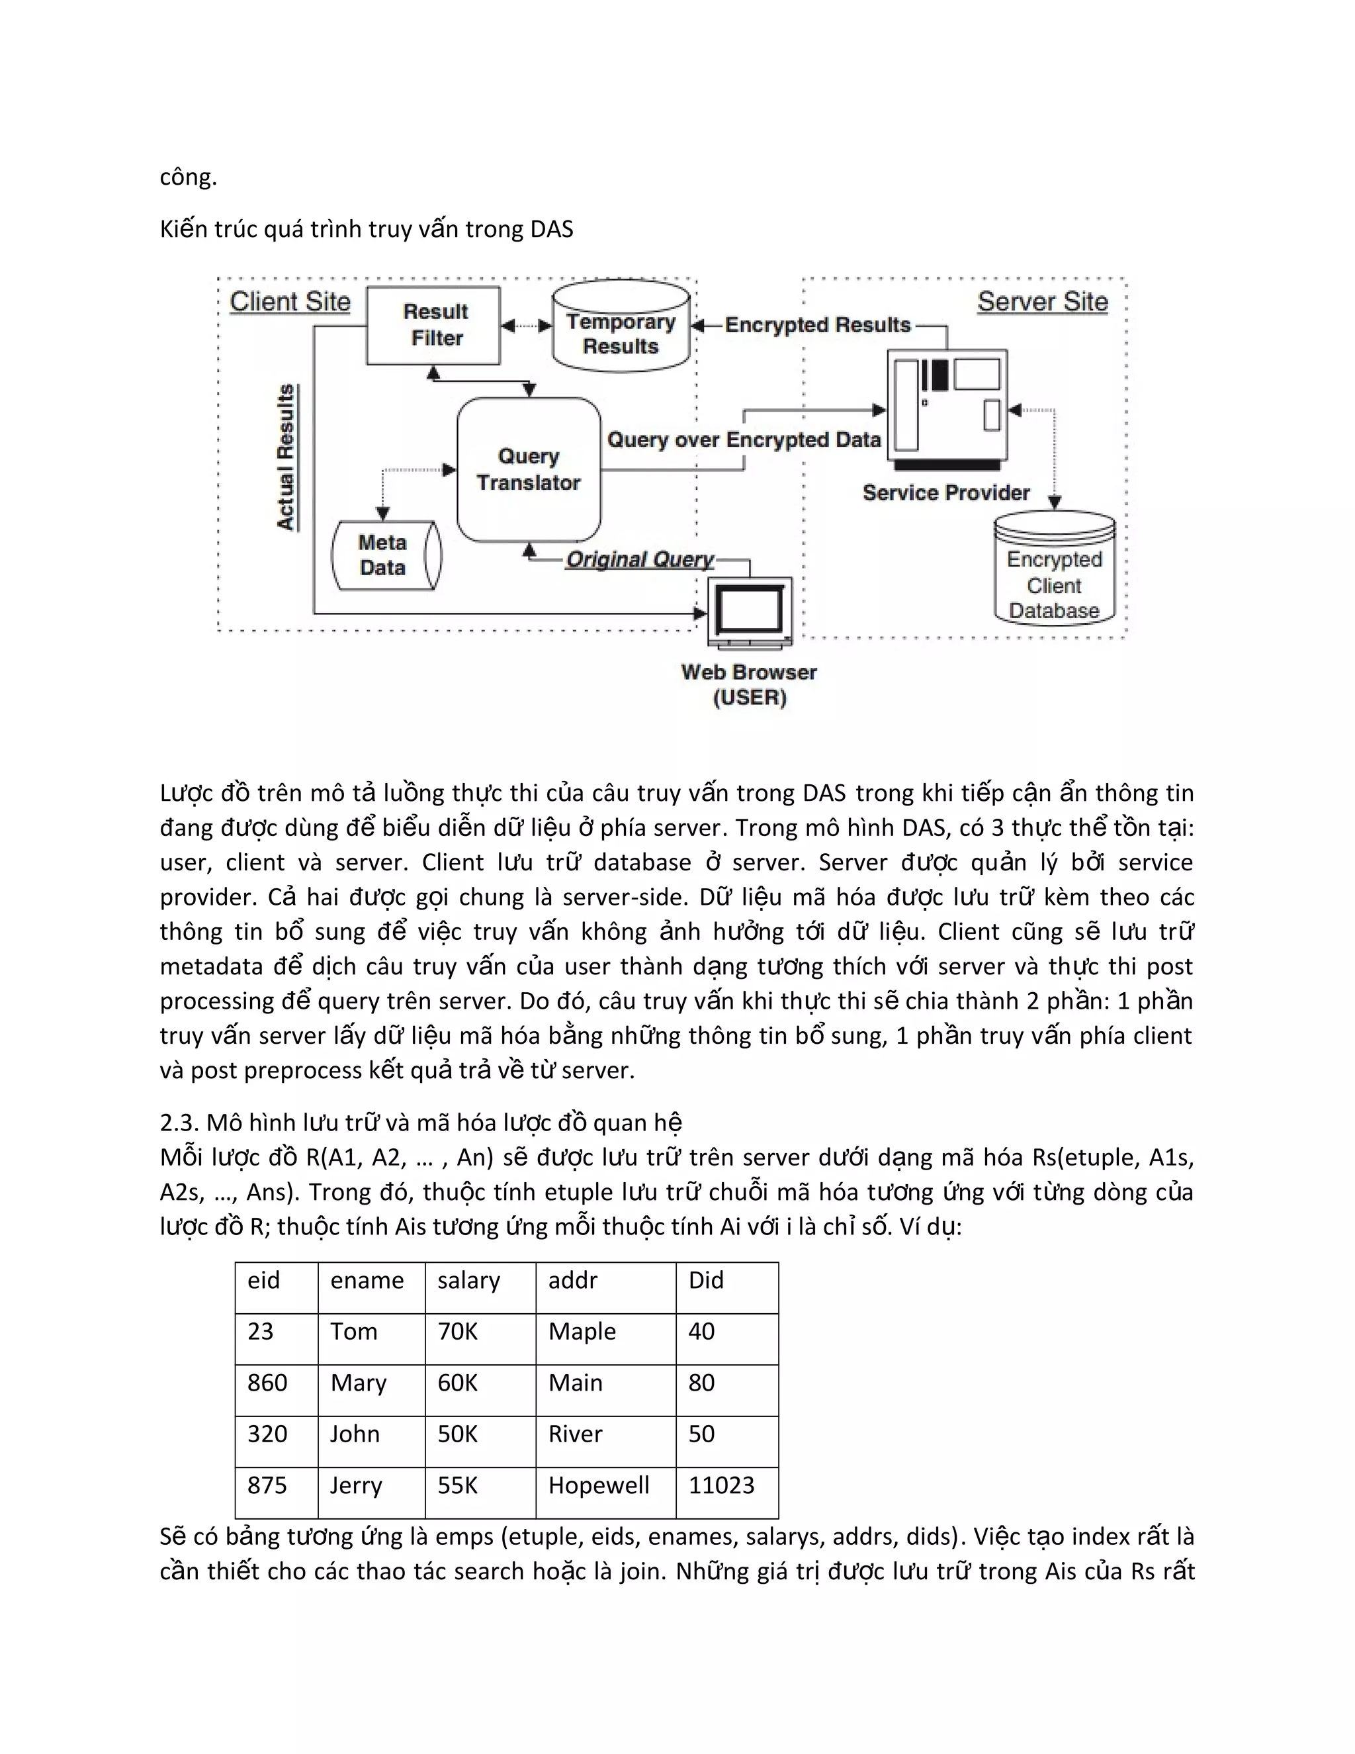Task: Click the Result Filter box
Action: click(x=433, y=325)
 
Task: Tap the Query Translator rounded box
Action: click(x=528, y=470)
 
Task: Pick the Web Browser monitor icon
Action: click(x=750, y=610)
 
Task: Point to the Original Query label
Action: click(x=639, y=559)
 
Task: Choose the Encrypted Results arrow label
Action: click(x=817, y=324)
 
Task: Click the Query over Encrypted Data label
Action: click(x=743, y=439)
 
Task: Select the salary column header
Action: click(x=469, y=1280)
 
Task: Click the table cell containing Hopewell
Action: click(x=599, y=1485)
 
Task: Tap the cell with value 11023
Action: click(x=721, y=1485)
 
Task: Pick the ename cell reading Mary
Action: click(x=358, y=1383)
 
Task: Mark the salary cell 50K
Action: click(x=458, y=1434)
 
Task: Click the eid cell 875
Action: click(x=267, y=1485)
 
